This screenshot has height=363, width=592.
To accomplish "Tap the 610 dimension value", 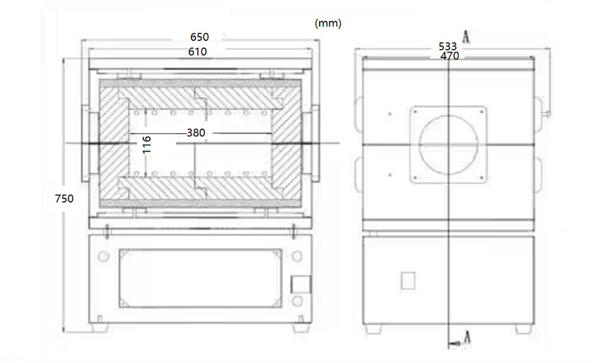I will click(198, 52).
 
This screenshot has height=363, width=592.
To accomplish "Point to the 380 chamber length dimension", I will click(196, 133).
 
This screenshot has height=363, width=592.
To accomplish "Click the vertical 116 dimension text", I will click(147, 145).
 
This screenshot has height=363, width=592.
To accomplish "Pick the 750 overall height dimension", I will click(64, 199).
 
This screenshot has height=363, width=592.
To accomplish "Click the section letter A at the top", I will click(466, 37).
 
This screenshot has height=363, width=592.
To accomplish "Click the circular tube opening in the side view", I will click(448, 145).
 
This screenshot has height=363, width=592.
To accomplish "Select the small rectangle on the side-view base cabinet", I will click(407, 280).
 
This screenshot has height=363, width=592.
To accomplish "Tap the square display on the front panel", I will click(301, 284).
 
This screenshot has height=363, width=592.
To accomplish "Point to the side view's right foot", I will click(523, 327).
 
